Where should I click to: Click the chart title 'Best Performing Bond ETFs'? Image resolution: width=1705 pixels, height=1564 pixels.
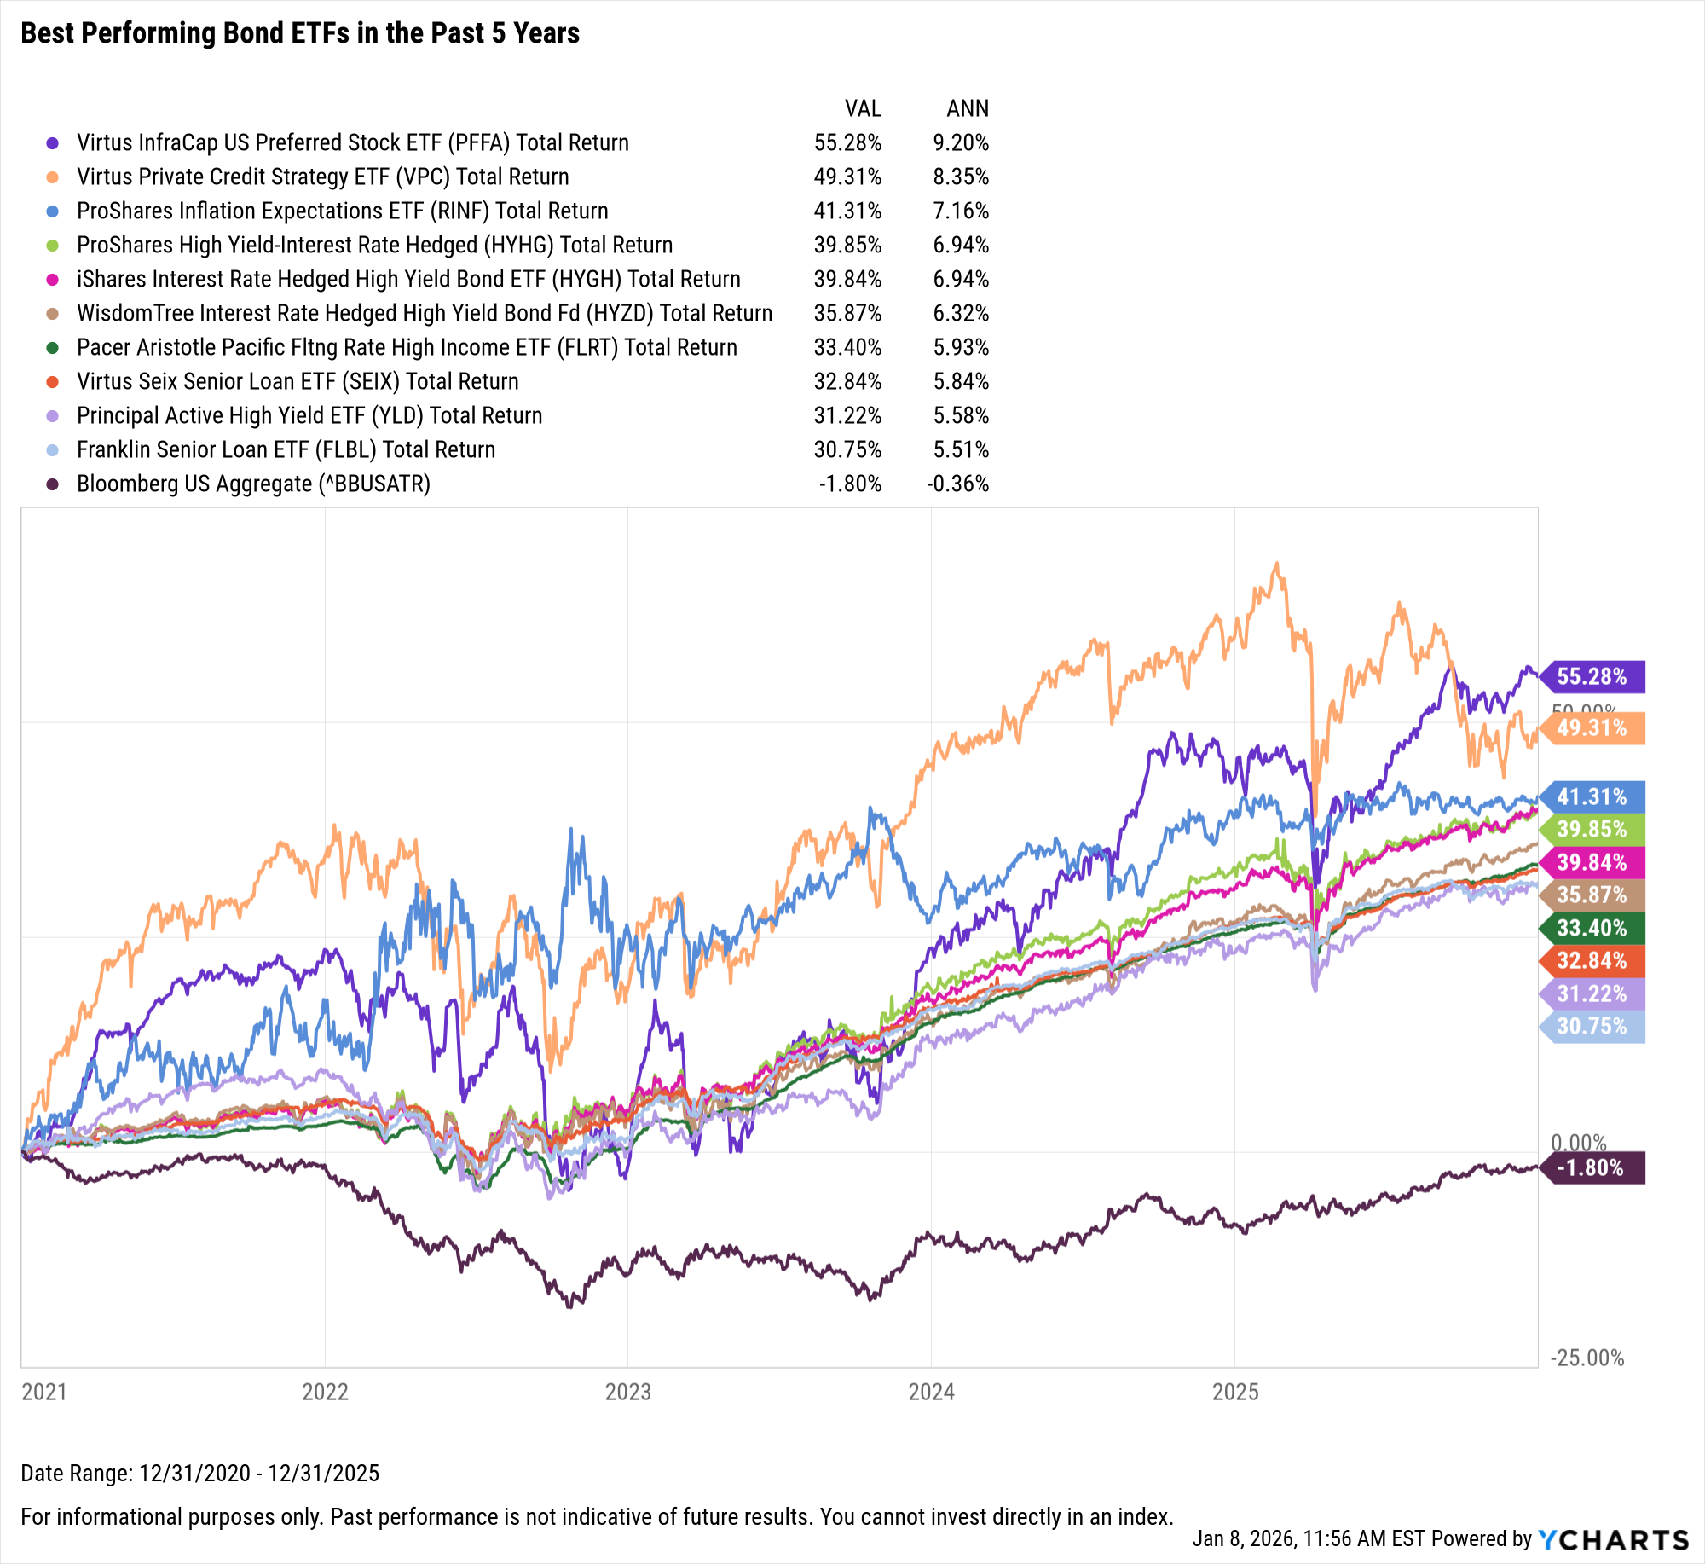[x=299, y=33]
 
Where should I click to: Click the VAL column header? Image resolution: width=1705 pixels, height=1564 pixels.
[x=862, y=108]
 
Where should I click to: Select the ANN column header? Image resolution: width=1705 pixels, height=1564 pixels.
[x=967, y=108]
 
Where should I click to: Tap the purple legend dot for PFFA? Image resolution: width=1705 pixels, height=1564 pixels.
[x=52, y=143]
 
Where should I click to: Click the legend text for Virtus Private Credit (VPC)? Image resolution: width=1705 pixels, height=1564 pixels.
[x=322, y=177]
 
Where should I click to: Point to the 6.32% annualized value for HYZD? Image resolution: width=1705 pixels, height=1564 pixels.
[x=960, y=313]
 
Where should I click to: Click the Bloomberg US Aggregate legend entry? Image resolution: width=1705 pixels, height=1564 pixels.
[x=253, y=484]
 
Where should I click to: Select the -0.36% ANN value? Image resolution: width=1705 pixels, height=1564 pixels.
[x=957, y=484]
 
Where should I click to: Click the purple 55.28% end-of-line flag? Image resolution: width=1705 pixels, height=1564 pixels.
[x=1592, y=677]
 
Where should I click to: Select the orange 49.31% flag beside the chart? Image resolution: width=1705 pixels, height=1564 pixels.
[x=1592, y=728]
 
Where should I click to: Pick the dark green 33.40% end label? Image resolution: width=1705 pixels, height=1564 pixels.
[x=1592, y=928]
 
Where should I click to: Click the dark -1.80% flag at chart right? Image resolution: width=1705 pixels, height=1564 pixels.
[x=1592, y=1167]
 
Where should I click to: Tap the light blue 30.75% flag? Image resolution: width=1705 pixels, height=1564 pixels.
[x=1592, y=1026]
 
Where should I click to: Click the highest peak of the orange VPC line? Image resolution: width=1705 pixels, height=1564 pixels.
[x=1276, y=563]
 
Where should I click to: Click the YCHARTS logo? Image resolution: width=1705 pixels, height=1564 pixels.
[x=1613, y=1539]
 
